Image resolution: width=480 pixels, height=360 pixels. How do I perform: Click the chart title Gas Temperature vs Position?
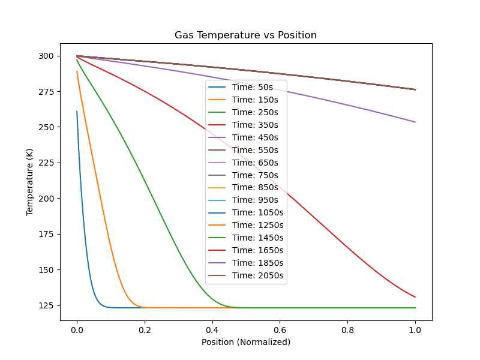point(245,35)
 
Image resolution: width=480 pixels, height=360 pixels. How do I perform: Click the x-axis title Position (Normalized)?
point(245,342)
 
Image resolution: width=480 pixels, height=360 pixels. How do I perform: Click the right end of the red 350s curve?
point(415,297)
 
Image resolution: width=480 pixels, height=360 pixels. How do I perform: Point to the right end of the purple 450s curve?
point(415,122)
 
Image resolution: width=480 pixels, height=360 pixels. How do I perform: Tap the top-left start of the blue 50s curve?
point(77,112)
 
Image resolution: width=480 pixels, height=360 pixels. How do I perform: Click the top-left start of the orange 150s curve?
point(77,71)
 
